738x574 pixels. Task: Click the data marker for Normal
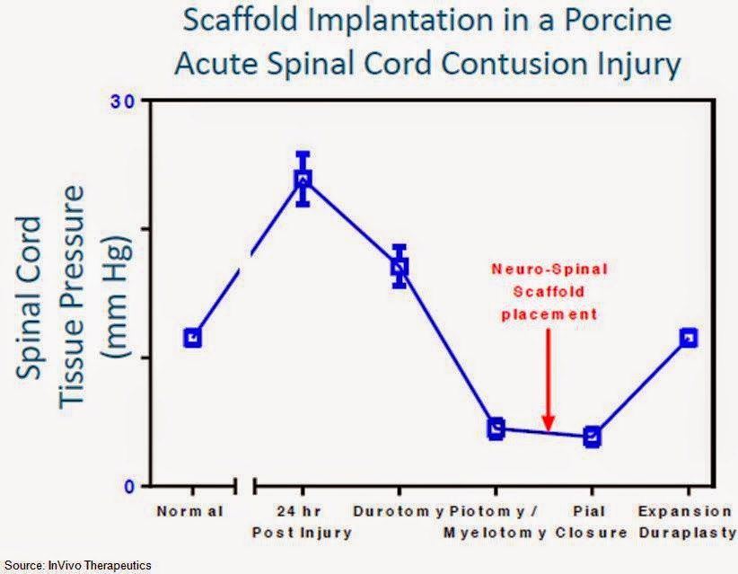(x=192, y=338)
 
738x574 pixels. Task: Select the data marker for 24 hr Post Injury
(x=303, y=180)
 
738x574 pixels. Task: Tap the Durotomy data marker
(x=400, y=267)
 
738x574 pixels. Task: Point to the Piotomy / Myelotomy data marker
(x=496, y=428)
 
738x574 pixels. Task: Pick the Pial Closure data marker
(x=592, y=437)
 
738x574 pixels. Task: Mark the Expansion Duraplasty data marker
(x=689, y=338)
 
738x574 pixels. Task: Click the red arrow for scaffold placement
(x=549, y=380)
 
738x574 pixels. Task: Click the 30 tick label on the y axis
(x=122, y=102)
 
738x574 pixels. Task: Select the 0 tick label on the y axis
(x=129, y=486)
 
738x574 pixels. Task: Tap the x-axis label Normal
(x=189, y=511)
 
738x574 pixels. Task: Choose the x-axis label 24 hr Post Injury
(x=302, y=522)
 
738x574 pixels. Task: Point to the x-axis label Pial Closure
(x=591, y=522)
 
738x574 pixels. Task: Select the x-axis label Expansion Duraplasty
(x=687, y=522)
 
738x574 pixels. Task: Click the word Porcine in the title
(x=618, y=20)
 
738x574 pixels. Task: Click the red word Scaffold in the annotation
(x=549, y=291)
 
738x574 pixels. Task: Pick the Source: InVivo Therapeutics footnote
(x=77, y=566)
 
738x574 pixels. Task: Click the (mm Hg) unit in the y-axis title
(x=115, y=296)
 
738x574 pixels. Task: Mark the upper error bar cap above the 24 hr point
(x=303, y=154)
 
